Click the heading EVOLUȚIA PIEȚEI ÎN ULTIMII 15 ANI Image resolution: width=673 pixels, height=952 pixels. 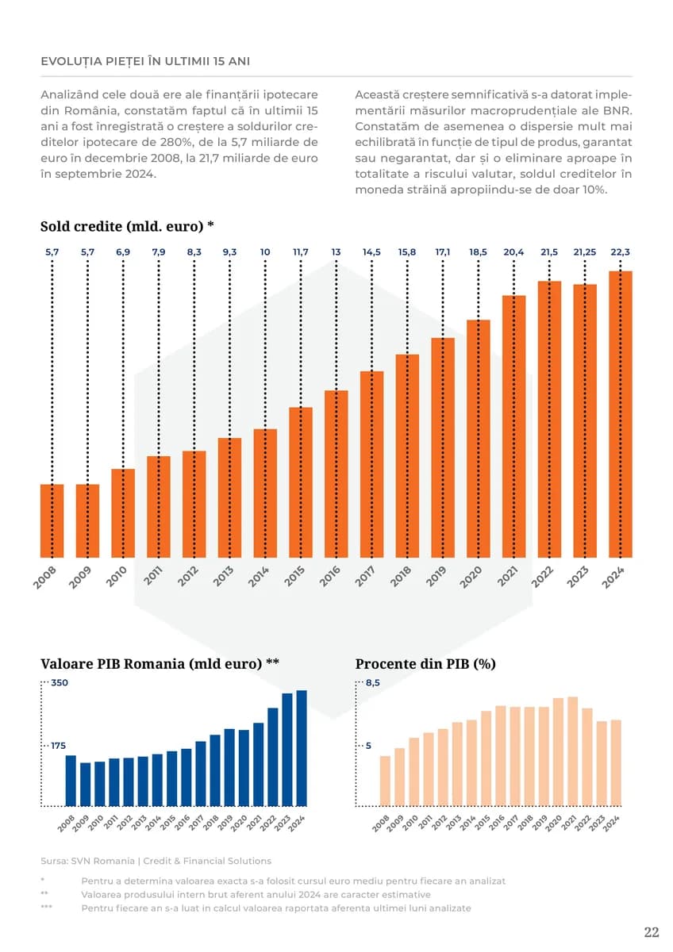click(x=145, y=61)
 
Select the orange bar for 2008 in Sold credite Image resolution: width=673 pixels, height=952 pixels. click(x=52, y=520)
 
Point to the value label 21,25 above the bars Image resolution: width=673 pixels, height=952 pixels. click(x=585, y=251)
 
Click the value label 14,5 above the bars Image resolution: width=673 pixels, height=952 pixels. click(x=371, y=251)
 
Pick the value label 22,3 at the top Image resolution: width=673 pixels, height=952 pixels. click(x=621, y=251)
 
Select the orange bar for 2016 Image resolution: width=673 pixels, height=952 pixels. click(x=336, y=474)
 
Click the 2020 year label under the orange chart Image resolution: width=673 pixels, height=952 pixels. click(x=471, y=578)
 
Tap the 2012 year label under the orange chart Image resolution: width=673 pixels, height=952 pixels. click(x=187, y=578)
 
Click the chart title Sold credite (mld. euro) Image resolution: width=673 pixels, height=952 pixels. click(x=127, y=226)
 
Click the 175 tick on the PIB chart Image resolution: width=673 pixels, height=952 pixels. click(x=59, y=746)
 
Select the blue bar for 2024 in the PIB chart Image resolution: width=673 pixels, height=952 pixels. click(x=302, y=748)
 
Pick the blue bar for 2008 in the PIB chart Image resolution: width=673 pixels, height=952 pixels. click(x=71, y=781)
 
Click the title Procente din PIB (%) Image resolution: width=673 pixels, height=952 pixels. click(x=425, y=664)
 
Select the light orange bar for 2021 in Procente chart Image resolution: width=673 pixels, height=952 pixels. click(x=573, y=751)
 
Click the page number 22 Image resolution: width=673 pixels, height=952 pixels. click(x=651, y=932)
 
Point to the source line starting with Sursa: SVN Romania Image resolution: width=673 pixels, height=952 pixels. click(x=156, y=861)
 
